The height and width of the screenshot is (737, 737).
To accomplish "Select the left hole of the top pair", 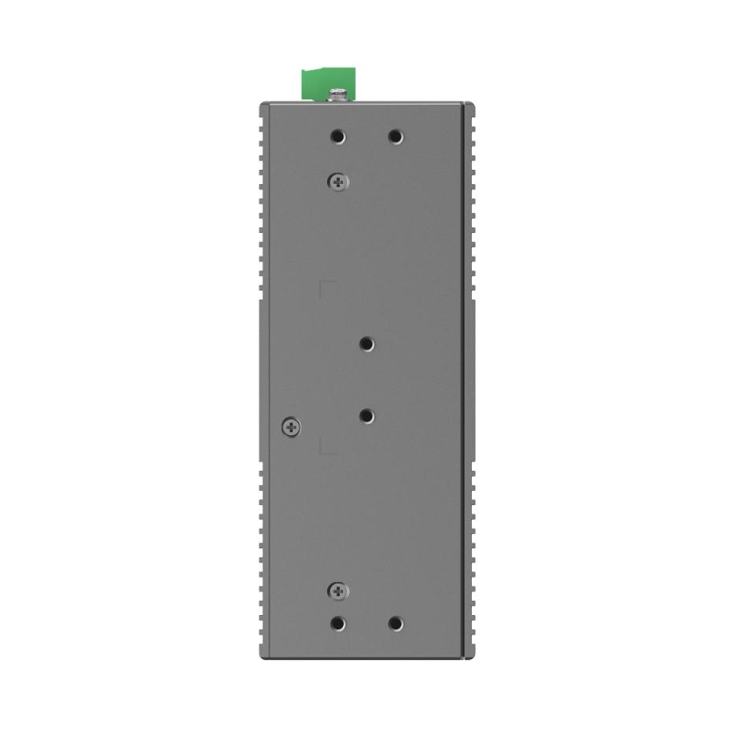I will pyautogui.click(x=338, y=137).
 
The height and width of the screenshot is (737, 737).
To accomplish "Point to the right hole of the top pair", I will pyautogui.click(x=396, y=137).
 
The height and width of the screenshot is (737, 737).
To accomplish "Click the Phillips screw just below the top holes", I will pyautogui.click(x=338, y=182).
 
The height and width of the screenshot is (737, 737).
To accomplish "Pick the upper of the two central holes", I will pyautogui.click(x=367, y=344).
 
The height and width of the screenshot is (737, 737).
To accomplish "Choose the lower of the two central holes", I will pyautogui.click(x=367, y=416).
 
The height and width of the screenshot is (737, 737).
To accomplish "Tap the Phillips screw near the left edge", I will pyautogui.click(x=291, y=427).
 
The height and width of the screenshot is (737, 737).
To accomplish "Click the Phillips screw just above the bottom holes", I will pyautogui.click(x=338, y=591).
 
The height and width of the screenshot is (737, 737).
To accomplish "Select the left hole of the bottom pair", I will pyautogui.click(x=338, y=624).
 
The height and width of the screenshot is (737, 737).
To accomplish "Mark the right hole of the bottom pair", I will pyautogui.click(x=396, y=624).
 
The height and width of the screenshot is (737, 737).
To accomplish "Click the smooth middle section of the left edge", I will pyautogui.click(x=263, y=378).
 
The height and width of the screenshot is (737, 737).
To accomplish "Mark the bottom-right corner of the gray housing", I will pyautogui.click(x=469, y=656).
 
